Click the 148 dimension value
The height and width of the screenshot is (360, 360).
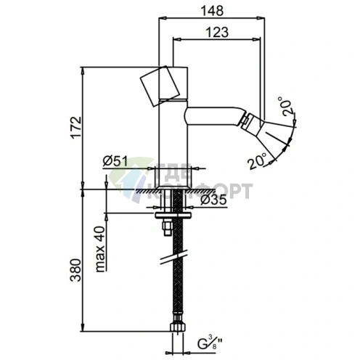tap(213, 10)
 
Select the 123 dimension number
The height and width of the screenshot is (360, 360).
tap(217, 31)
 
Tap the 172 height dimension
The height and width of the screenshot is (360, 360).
tap(75, 127)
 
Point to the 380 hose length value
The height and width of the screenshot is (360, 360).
tap(75, 270)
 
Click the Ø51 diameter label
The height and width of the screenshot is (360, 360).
tap(115, 160)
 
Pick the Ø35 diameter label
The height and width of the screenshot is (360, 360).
tap(214, 200)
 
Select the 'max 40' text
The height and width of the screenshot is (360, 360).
tap(101, 249)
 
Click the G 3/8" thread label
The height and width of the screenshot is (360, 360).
tap(209, 344)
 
